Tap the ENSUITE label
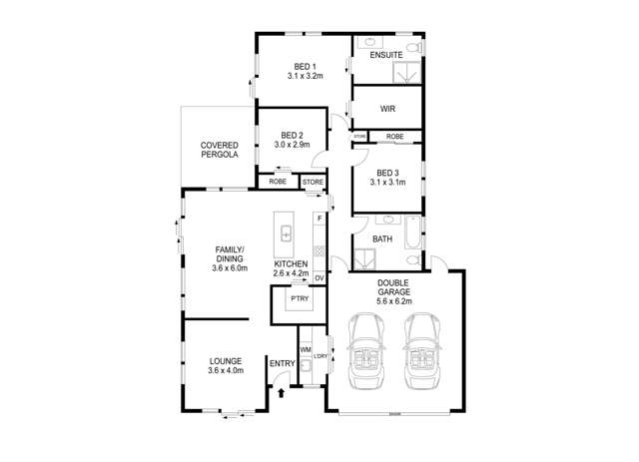385,55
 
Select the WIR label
389,108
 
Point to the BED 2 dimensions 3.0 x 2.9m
292,145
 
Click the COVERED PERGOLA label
219,151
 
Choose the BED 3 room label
387,172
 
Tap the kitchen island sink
286,233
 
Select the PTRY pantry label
299,298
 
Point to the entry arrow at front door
281,392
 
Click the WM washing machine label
306,348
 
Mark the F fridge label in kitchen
319,218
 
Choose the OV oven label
319,277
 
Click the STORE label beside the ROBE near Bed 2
313,183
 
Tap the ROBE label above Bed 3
394,136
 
